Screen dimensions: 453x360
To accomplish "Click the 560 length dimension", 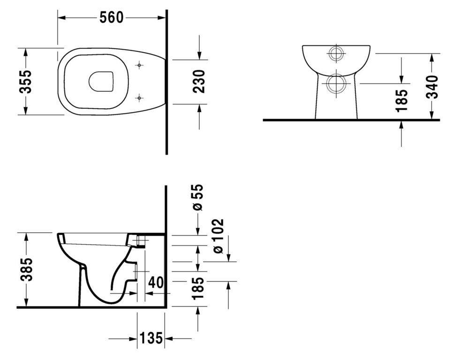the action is (111, 18).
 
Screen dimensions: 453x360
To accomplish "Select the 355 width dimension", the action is (25, 82).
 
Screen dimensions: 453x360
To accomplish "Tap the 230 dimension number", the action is (199, 82).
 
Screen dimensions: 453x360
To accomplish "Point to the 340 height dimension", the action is (432, 87).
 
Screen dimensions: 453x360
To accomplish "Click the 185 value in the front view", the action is (401, 100).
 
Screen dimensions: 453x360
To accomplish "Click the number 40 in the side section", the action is (156, 282).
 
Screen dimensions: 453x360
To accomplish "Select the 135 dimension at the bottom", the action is (151, 338).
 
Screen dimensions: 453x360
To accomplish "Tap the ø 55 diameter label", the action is (198, 197).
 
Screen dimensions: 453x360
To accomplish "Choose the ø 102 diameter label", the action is (218, 236).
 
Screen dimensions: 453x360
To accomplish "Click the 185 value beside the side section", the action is (198, 288).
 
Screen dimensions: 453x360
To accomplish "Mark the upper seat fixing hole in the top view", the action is (139, 66).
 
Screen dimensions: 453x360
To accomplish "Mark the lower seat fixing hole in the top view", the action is (139, 98).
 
